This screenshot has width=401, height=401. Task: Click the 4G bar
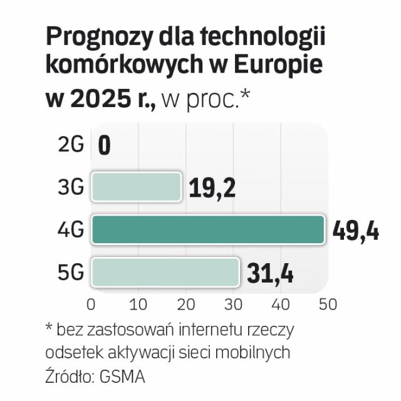tap(207, 229)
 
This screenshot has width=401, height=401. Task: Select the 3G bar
tap(137, 186)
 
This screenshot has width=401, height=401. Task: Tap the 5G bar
tap(165, 272)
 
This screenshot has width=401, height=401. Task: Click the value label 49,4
tap(355, 231)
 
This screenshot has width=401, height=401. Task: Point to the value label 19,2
tap(212, 187)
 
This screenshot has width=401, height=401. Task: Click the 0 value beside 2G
tap(104, 146)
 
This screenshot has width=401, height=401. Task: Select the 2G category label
tap(71, 145)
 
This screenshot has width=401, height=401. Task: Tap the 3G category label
tap(71, 187)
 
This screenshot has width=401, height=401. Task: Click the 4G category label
tap(71, 230)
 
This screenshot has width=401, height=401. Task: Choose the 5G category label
tap(71, 273)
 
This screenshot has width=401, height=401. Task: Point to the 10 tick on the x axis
tap(138, 305)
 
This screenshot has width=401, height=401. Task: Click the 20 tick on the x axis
tap(185, 305)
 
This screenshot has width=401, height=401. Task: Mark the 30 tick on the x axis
tap(233, 305)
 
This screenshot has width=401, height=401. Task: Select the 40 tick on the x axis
tap(280, 305)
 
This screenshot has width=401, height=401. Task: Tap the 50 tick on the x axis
tap(328, 305)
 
